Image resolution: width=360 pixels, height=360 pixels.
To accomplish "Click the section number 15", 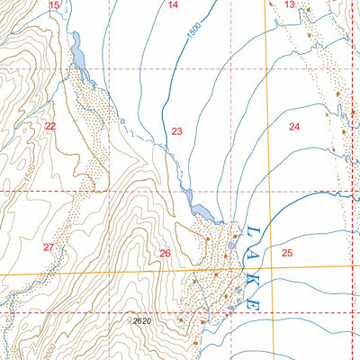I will [54, 5].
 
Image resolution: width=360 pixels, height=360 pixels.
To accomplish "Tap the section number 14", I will [173, 5].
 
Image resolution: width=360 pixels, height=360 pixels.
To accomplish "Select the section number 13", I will [289, 5].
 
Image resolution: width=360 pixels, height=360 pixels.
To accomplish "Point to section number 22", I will [50, 127].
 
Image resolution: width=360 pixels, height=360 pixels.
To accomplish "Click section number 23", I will [176, 131].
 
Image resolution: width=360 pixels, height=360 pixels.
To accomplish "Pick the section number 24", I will [294, 127].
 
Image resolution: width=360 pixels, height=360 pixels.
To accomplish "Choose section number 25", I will [287, 252].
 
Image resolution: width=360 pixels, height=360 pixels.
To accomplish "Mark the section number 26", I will [165, 254].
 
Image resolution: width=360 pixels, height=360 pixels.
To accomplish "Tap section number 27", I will [49, 247].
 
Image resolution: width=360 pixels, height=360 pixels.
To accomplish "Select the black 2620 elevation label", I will [141, 320].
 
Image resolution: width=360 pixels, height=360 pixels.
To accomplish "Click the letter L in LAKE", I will [253, 234].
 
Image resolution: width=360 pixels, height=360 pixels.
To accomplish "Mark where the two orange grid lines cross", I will [272, 267].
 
